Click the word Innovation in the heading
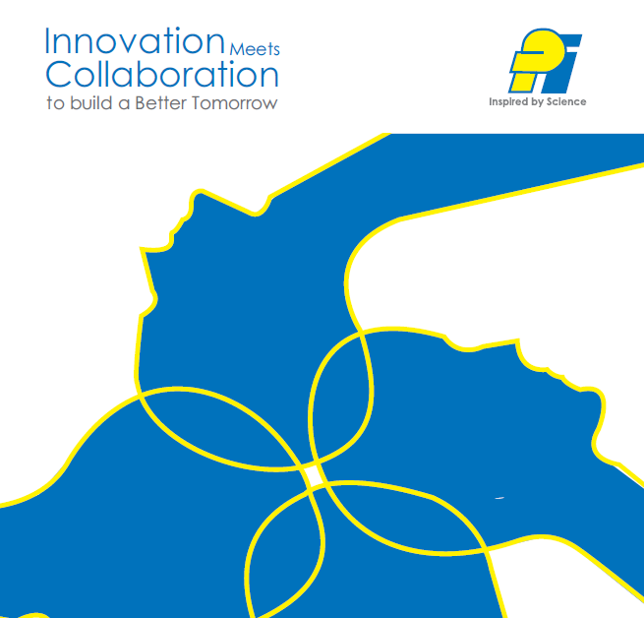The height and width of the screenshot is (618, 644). click(135, 40)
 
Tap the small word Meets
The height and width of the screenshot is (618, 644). click(255, 49)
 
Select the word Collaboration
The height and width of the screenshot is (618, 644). click(162, 74)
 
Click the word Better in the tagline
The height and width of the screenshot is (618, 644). click(160, 102)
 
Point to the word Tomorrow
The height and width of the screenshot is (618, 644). click(235, 102)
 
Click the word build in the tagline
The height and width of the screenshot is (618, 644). click(91, 102)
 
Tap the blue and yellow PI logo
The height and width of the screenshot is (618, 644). click(545, 61)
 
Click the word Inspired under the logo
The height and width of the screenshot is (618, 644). click(508, 102)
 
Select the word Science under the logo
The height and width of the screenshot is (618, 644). click(566, 101)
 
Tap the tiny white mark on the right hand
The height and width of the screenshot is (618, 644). click(499, 498)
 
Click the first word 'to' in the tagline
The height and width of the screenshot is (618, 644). click(55, 103)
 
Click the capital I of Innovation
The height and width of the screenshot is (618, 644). click(47, 40)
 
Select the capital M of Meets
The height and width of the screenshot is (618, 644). click(237, 49)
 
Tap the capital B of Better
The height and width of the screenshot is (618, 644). click(140, 102)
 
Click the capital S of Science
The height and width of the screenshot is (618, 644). click(550, 101)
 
